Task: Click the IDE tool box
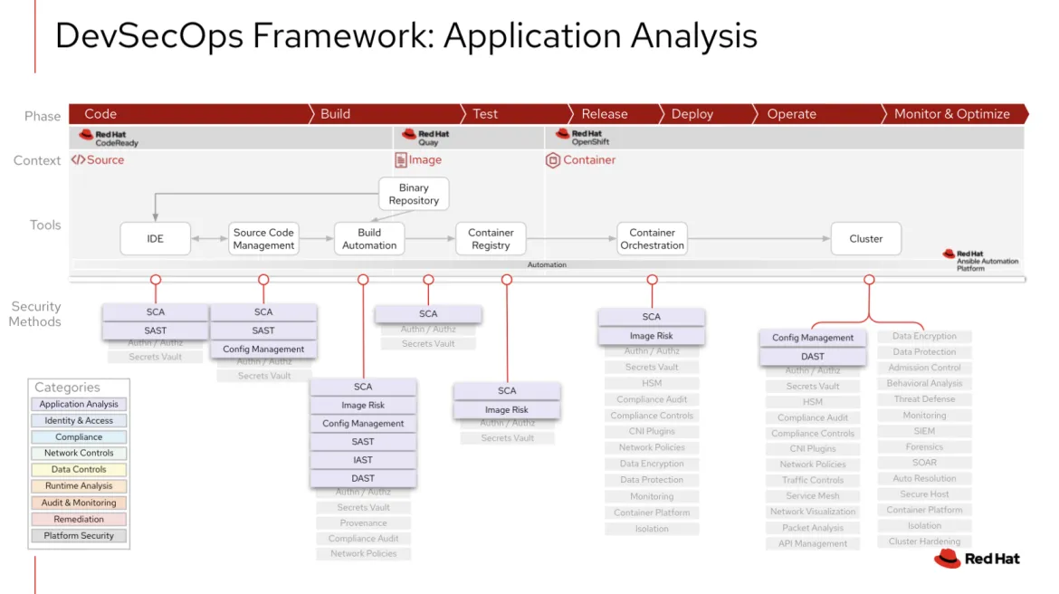click(156, 239)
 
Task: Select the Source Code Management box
click(263, 239)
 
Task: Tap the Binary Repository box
click(414, 195)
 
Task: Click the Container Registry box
click(491, 239)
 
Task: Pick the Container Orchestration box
click(652, 239)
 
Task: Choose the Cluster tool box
click(865, 239)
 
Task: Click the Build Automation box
click(369, 239)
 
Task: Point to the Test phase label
click(485, 114)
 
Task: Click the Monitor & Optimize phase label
click(951, 114)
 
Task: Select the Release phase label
click(604, 114)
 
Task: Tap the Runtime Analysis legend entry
click(80, 486)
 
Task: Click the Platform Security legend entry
click(80, 536)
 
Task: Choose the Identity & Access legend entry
click(80, 421)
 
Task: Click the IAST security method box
click(363, 460)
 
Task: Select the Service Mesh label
click(813, 496)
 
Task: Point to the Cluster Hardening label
click(924, 541)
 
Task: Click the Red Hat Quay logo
click(425, 138)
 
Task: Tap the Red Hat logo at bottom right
click(978, 559)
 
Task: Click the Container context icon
click(553, 160)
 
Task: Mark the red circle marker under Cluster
click(869, 280)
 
